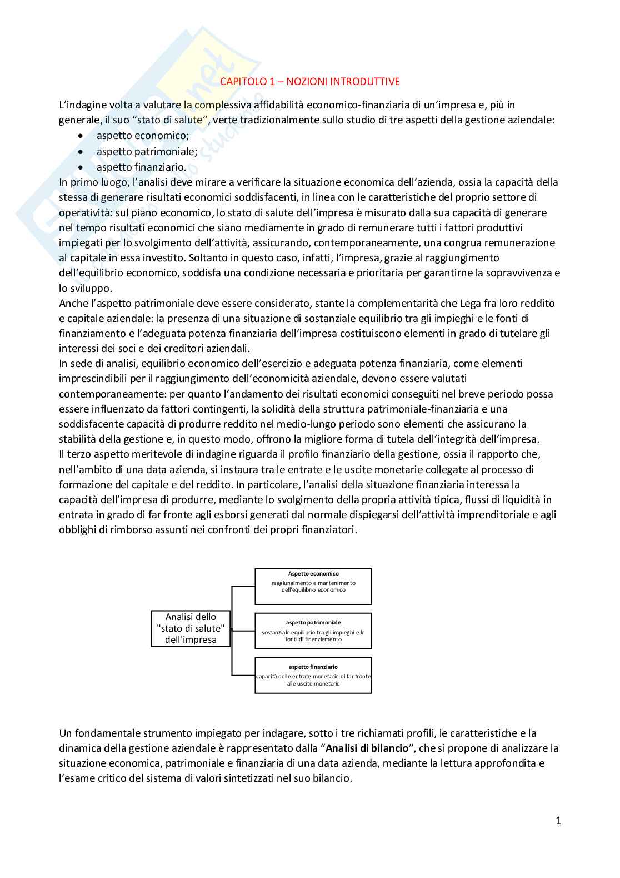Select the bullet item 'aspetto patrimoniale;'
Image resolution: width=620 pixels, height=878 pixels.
coord(147,151)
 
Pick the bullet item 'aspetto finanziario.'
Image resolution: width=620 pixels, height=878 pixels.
coord(141,167)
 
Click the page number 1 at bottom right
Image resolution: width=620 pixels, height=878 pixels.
coord(558,821)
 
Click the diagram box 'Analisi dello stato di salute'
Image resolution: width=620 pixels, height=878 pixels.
coord(191,628)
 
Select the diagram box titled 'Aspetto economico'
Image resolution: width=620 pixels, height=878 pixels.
coord(313,586)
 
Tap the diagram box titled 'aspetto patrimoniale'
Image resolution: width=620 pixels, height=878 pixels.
coord(313,631)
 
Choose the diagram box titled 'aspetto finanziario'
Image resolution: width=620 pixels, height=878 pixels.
coord(313,675)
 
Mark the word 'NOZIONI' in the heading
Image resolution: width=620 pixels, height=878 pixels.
coord(307,81)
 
